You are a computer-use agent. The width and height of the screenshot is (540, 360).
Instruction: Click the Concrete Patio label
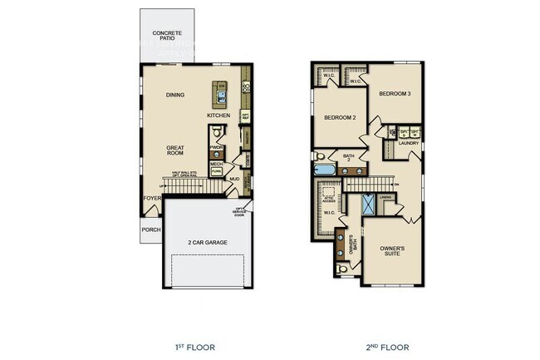167,37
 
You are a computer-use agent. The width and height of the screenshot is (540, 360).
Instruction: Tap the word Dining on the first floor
175,96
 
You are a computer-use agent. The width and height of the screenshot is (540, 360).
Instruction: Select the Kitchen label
219,115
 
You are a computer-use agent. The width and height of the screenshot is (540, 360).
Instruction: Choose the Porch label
150,229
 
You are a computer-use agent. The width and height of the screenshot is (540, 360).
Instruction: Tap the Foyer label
151,198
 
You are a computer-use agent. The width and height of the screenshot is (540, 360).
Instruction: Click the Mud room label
234,179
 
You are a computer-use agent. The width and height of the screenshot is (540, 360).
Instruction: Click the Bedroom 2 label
340,118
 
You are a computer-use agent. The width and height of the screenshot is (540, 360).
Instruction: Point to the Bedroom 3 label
395,94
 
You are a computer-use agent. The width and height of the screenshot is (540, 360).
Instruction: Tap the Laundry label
409,143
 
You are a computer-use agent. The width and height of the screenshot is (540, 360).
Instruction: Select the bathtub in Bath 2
325,170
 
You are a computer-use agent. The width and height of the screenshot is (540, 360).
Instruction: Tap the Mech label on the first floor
216,164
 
